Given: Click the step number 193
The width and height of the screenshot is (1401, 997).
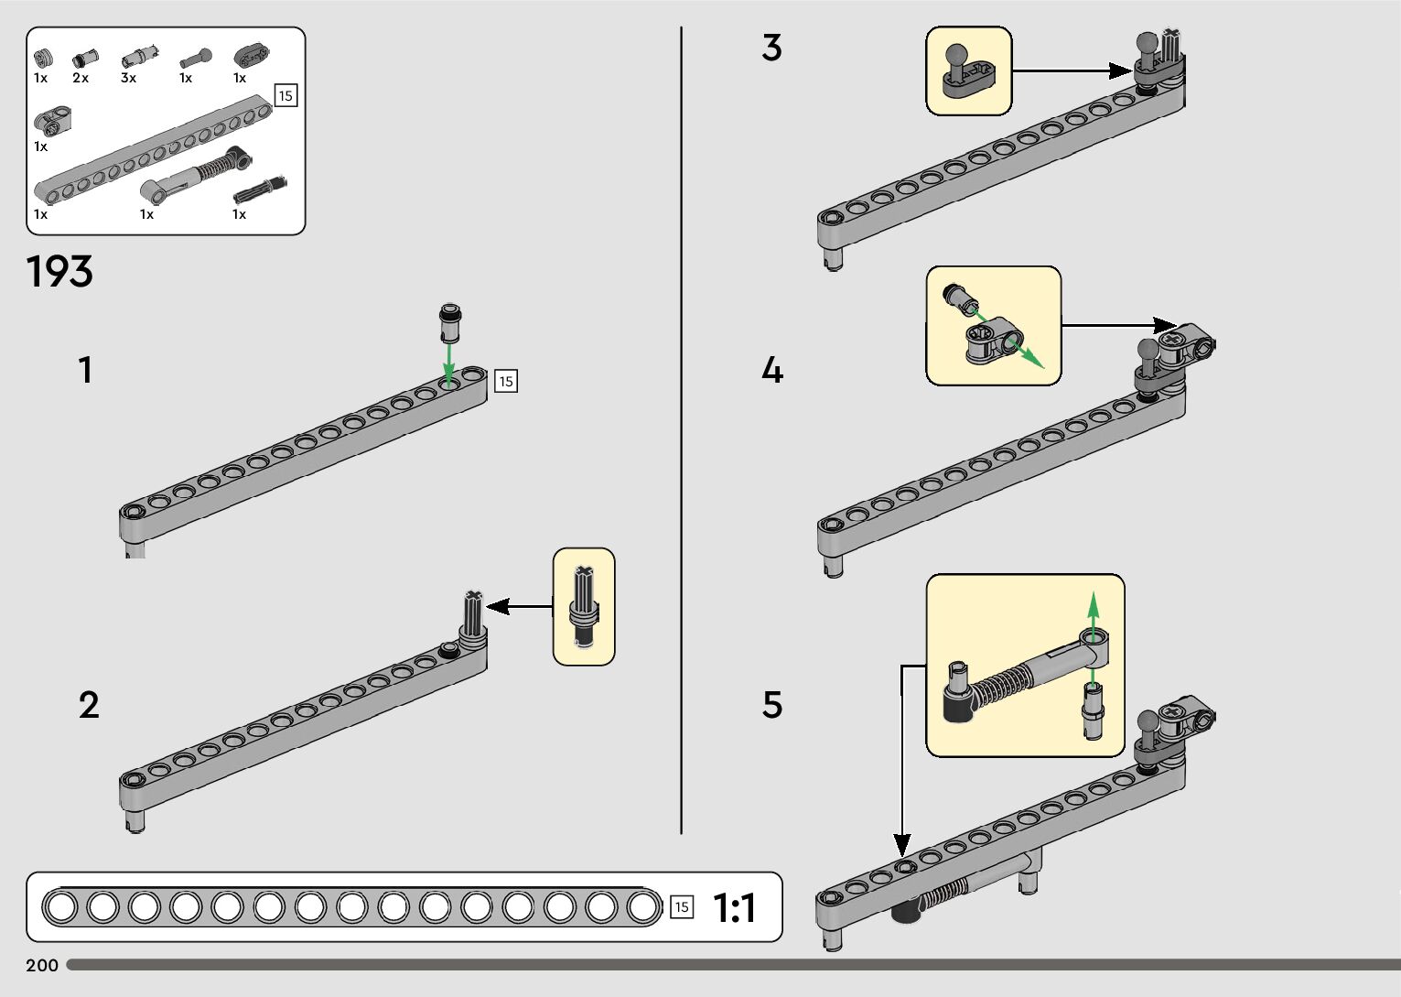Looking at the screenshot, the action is [x=59, y=272].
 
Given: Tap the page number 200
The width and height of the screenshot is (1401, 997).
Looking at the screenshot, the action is [x=42, y=965].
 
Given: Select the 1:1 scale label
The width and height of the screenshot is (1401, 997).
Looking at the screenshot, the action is [x=734, y=908].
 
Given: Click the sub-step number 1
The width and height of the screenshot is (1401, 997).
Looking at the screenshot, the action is [x=85, y=371].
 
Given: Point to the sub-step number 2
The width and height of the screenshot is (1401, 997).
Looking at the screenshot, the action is [x=89, y=705].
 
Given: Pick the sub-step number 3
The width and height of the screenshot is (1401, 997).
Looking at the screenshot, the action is [x=771, y=48].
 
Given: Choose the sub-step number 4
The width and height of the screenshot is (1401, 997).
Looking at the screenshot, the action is [x=772, y=371].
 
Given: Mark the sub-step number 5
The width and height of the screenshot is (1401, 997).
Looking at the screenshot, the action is [x=772, y=705].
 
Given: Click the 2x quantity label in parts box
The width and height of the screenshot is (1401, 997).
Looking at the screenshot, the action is [x=81, y=79].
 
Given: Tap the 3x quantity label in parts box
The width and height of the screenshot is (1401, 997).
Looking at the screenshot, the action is [x=128, y=79].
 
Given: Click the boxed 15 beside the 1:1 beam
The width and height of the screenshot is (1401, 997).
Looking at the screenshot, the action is [x=681, y=907].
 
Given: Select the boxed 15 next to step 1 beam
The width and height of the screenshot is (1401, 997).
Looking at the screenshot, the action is [x=506, y=381].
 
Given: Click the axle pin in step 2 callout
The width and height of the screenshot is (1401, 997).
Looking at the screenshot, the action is [x=583, y=606].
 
